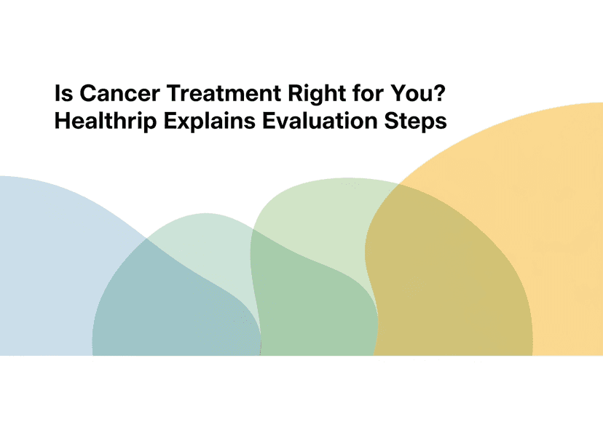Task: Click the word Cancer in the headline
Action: (119, 93)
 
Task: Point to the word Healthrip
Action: (106, 122)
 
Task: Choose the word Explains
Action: (210, 122)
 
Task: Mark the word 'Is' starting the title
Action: (63, 93)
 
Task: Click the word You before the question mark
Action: (409, 93)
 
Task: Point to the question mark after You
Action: (437, 93)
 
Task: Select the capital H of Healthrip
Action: (63, 121)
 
